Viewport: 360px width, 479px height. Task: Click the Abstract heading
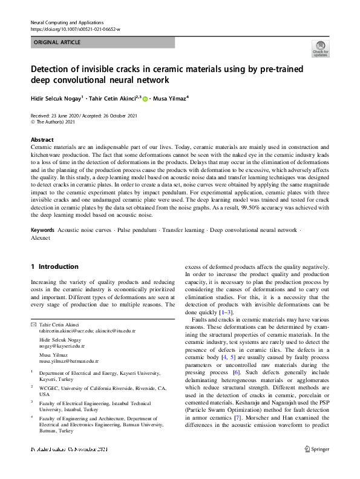click(42, 139)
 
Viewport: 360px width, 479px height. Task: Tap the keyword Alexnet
click(41, 238)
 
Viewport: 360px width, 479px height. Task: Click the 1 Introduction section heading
click(54, 266)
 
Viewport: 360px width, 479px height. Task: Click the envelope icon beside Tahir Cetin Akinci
click(33, 326)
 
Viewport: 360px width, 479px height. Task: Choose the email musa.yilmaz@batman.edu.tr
click(69, 360)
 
